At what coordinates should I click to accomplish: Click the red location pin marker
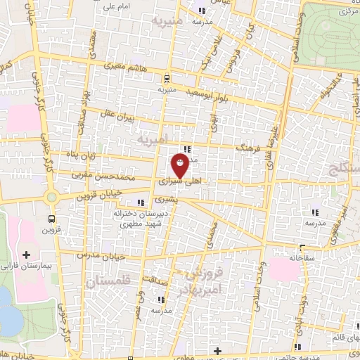pyautogui.click(x=181, y=167)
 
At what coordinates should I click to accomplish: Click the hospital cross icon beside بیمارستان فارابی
pyautogui.click(x=27, y=254)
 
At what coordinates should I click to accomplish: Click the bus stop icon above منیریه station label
pyautogui.click(x=166, y=78)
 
